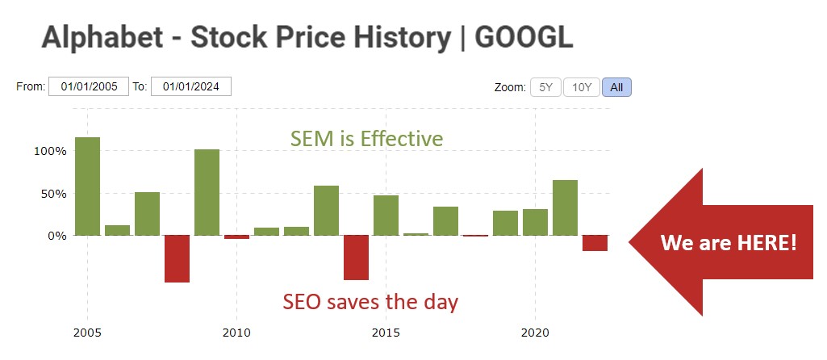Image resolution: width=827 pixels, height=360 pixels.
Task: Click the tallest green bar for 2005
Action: pos(87,186)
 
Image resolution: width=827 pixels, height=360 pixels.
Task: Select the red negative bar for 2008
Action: pos(177,258)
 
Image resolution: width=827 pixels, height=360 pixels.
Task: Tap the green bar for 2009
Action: pos(207,192)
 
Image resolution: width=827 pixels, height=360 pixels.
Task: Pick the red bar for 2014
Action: pos(356,257)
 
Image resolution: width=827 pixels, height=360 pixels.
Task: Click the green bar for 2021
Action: pos(565,207)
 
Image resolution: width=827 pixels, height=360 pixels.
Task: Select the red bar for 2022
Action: pos(595,243)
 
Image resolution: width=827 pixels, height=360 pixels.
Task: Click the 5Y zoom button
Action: pos(545,87)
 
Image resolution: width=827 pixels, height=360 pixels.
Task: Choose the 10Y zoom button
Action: pos(581,87)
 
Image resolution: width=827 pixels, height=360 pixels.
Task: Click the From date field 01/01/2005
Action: pos(89,86)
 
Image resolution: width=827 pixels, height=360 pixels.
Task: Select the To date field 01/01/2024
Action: pos(191,86)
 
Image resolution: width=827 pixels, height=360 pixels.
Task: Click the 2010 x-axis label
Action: pos(236,332)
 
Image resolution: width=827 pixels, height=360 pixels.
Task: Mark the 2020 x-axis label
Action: pos(535,332)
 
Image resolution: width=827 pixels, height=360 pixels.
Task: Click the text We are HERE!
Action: pos(728,242)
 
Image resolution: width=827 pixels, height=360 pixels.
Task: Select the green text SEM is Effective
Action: pos(366,139)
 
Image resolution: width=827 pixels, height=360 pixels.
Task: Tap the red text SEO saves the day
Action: pos(370,302)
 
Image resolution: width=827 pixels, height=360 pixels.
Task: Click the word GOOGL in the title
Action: pos(524,36)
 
